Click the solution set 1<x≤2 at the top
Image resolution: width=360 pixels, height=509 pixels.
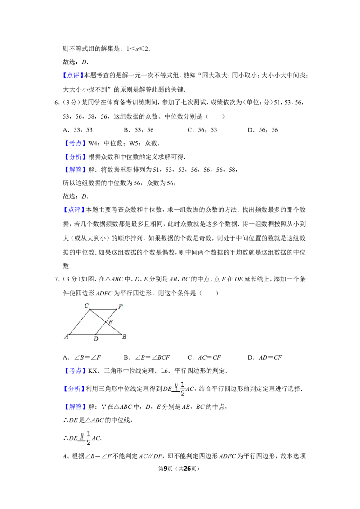click(138, 49)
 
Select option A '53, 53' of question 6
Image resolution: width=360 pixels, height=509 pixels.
click(78, 130)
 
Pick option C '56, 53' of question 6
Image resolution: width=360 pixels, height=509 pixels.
click(202, 130)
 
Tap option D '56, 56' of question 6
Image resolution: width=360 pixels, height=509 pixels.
click(263, 130)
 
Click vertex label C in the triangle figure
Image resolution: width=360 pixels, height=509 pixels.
click(87, 305)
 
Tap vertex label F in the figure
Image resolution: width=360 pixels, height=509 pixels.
click(121, 307)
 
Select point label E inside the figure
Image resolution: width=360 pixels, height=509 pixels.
click(111, 322)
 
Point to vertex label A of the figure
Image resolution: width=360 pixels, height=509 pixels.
click(67, 336)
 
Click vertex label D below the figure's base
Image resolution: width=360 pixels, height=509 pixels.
click(96, 339)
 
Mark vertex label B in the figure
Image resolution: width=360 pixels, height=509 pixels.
click(124, 337)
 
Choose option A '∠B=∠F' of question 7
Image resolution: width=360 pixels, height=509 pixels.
click(82, 358)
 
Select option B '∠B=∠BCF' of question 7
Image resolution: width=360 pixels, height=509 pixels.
click(147, 358)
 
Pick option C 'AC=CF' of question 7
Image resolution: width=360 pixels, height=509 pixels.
click(204, 358)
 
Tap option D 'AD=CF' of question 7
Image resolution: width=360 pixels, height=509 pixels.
click(265, 358)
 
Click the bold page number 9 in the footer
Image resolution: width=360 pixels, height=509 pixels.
click(166, 469)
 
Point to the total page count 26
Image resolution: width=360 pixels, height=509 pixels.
click(188, 469)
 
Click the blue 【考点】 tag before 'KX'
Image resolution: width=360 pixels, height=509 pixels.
click(75, 371)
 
